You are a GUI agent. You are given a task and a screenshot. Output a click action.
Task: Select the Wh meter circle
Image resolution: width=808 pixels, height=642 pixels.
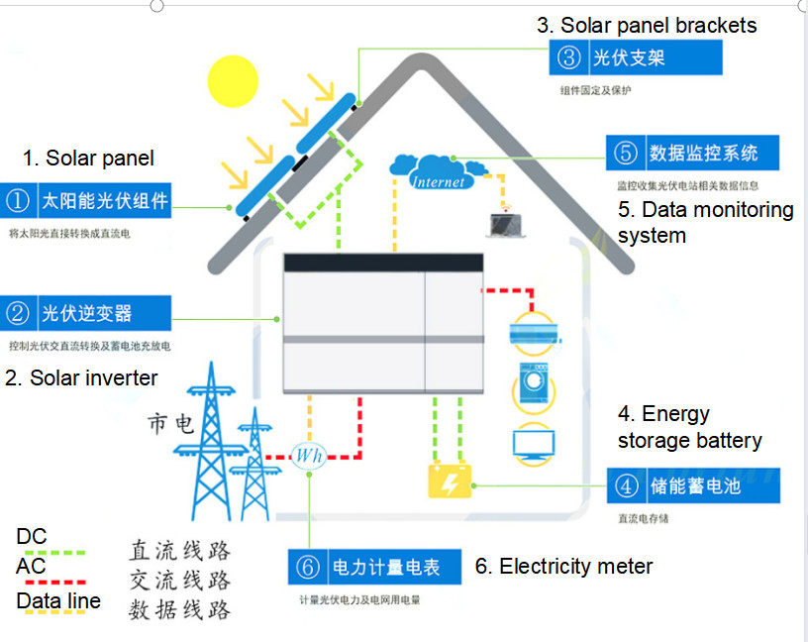point(309,456)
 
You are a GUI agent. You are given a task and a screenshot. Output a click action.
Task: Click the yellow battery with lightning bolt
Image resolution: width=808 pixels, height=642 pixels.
point(449,481)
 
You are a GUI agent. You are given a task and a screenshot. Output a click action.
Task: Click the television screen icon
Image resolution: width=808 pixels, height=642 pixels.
point(533,441)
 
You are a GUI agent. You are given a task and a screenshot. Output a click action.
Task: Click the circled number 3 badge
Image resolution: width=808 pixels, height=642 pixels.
point(569,57)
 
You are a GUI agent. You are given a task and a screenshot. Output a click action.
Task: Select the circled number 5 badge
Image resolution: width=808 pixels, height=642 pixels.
point(626,154)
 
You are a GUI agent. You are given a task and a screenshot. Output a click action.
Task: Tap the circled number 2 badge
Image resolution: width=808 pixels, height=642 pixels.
point(19,313)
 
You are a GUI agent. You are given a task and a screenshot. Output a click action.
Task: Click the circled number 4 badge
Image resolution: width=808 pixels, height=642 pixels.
point(626,486)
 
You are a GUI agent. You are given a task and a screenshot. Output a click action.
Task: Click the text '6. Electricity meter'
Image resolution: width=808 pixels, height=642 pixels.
point(563,567)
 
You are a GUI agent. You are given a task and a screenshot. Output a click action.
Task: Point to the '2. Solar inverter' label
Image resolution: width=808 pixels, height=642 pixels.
point(81,377)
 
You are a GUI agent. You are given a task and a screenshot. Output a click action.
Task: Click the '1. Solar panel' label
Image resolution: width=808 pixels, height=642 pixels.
point(88,159)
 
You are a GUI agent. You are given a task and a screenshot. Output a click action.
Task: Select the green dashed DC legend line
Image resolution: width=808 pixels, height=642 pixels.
point(50,553)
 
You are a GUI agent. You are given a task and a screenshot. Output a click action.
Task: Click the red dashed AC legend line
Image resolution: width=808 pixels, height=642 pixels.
point(50,582)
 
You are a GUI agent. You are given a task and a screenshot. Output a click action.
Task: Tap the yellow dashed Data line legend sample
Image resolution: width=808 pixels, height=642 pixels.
point(50,616)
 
